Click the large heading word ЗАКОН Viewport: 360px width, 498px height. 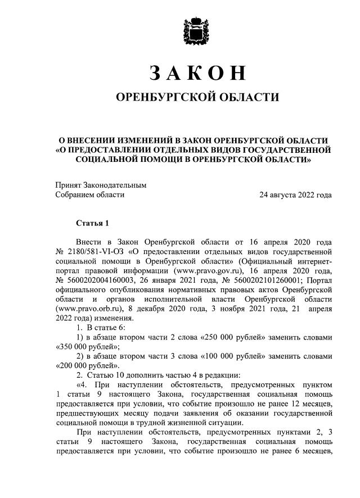(197, 73)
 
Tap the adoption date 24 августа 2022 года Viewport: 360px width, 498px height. (295, 195)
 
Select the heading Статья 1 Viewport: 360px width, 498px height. (93, 224)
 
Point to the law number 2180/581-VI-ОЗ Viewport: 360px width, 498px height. (93, 251)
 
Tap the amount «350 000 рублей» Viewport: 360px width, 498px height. (76, 347)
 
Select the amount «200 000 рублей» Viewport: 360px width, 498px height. (76, 365)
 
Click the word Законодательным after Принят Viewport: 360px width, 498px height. (115, 185)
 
